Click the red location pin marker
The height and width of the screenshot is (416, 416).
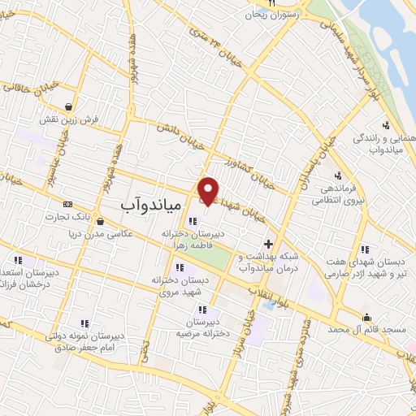click(x=209, y=190)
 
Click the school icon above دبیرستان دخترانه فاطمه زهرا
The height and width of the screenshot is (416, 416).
click(x=192, y=220)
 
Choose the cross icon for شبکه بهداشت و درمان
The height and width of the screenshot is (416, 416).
click(x=269, y=243)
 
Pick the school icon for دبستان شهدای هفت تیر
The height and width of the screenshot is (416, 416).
click(x=364, y=249)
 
